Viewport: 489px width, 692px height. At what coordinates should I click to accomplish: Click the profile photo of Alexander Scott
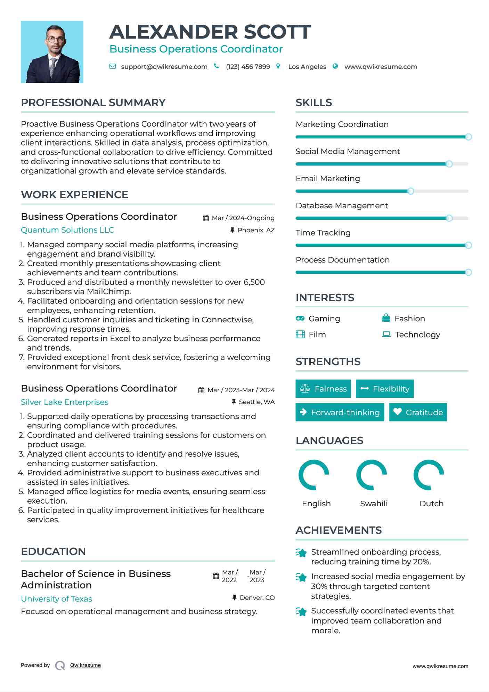click(52, 52)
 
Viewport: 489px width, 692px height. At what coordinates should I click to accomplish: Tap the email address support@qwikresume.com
click(164, 67)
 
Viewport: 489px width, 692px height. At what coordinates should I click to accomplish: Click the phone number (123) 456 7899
click(248, 67)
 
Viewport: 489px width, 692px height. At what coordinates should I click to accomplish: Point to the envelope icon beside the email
click(113, 66)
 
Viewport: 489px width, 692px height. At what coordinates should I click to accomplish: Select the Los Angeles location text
click(307, 67)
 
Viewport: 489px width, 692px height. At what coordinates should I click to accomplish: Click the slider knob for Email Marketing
click(410, 191)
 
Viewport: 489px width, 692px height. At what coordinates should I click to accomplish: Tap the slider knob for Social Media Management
click(449, 164)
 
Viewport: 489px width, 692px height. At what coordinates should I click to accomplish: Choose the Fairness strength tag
click(323, 389)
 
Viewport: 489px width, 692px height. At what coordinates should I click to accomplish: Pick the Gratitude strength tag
click(418, 412)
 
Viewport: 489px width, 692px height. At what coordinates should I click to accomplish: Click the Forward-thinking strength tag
click(340, 412)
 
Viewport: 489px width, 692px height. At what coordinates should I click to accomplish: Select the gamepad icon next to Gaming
click(300, 319)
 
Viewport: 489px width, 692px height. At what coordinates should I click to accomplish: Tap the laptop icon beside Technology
click(386, 334)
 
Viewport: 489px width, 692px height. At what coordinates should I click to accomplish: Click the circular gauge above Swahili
click(372, 475)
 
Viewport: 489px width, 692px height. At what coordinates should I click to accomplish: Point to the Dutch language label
click(431, 504)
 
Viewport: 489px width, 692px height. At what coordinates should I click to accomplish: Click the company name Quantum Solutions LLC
click(67, 230)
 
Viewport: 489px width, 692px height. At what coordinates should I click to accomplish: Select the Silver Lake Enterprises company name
click(65, 402)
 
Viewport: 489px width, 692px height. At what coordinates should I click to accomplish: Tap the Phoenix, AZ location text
click(256, 230)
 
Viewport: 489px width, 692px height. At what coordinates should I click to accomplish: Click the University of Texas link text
click(57, 599)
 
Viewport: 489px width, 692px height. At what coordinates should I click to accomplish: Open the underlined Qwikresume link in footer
click(85, 665)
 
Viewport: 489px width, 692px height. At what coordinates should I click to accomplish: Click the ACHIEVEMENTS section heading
click(339, 530)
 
